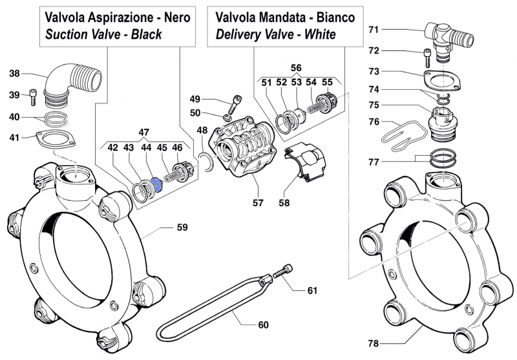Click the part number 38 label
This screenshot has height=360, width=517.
click(14, 74)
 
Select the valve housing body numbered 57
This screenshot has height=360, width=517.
click(241, 145)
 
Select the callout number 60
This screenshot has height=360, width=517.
click(262, 324)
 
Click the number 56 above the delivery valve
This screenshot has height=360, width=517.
click(295, 68)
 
